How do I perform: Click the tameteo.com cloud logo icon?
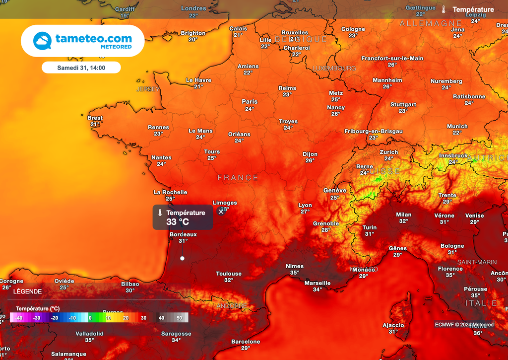(42, 41)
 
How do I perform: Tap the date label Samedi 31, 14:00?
(81, 67)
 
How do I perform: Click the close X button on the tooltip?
(221, 212)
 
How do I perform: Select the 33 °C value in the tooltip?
(178, 222)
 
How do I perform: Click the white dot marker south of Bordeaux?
(182, 258)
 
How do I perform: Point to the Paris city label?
(250, 101)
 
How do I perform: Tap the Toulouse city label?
(229, 274)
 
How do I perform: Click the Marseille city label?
(317, 283)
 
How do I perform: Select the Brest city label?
(95, 118)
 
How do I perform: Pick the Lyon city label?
(305, 205)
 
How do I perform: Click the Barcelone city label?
(246, 342)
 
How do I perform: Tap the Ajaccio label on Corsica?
(393, 326)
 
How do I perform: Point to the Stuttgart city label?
(403, 105)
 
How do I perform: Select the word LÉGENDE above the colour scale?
(28, 291)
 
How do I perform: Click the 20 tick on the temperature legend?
(126, 318)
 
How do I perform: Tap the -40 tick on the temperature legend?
(19, 318)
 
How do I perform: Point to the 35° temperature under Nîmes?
(295, 273)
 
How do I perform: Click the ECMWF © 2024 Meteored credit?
(464, 325)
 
